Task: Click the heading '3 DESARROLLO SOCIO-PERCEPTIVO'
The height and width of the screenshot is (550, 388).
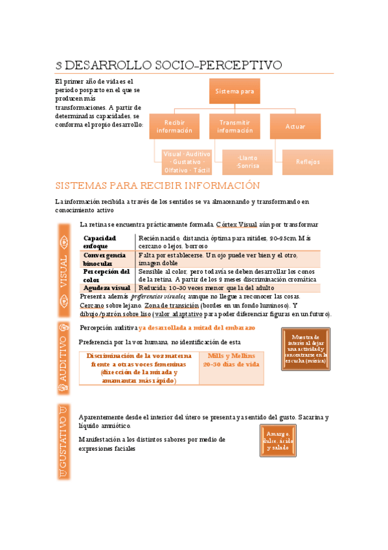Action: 168,66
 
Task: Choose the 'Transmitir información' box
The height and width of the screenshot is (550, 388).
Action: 234,126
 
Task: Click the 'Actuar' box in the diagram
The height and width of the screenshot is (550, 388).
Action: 295,126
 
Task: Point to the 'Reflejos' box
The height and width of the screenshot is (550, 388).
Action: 308,162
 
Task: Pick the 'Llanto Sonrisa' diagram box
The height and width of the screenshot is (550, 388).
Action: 247,162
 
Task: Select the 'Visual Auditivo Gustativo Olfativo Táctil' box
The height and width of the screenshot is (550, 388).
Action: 187,162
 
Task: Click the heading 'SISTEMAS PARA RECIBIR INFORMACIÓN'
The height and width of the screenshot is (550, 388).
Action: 158,185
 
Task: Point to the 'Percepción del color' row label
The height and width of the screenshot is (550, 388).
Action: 106,275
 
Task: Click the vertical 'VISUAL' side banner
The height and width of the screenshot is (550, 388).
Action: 63,267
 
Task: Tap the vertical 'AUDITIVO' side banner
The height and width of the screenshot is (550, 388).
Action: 63,357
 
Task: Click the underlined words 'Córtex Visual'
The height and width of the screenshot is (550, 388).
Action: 231,224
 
